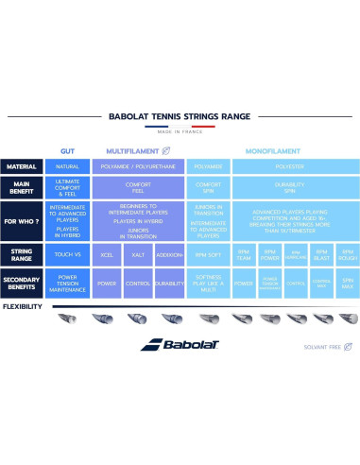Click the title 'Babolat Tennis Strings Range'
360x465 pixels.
(x=180, y=116)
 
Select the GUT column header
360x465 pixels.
(x=67, y=150)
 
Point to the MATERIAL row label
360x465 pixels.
(x=22, y=167)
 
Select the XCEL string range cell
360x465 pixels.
(x=107, y=255)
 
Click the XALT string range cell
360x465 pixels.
(x=138, y=255)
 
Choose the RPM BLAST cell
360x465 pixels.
(x=320, y=255)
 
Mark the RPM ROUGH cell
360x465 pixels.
(x=347, y=255)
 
